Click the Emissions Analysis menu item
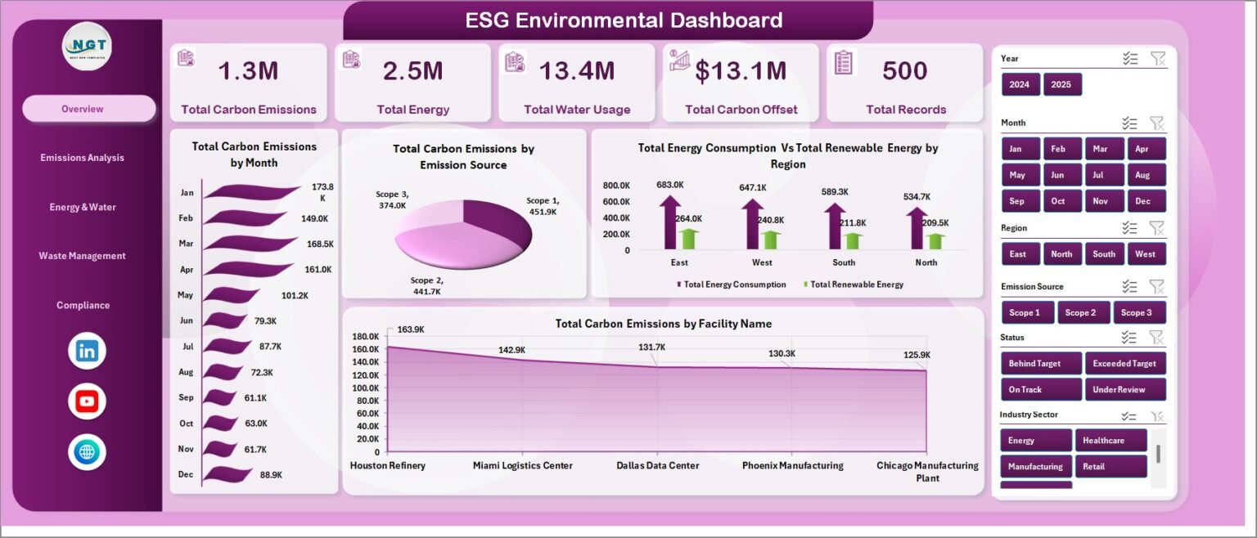(x=82, y=158)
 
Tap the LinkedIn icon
(x=87, y=352)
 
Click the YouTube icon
(x=87, y=401)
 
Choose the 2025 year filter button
(x=1061, y=84)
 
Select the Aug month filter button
(x=1146, y=175)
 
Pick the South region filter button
(x=1104, y=253)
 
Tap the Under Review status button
(x=1124, y=389)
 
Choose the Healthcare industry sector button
(x=1111, y=441)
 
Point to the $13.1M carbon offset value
(x=741, y=71)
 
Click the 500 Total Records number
(x=904, y=70)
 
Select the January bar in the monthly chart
(x=251, y=191)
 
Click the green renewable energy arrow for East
(x=688, y=239)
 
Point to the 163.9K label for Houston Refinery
(x=411, y=330)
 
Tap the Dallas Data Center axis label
(x=658, y=465)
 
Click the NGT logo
(x=87, y=47)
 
